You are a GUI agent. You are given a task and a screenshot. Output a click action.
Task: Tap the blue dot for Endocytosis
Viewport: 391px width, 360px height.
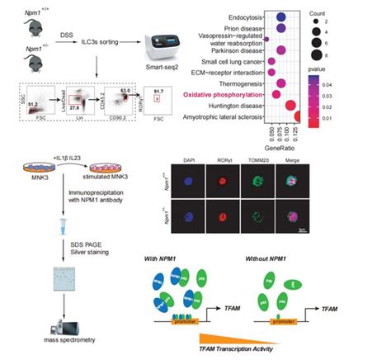tap(280, 16)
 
